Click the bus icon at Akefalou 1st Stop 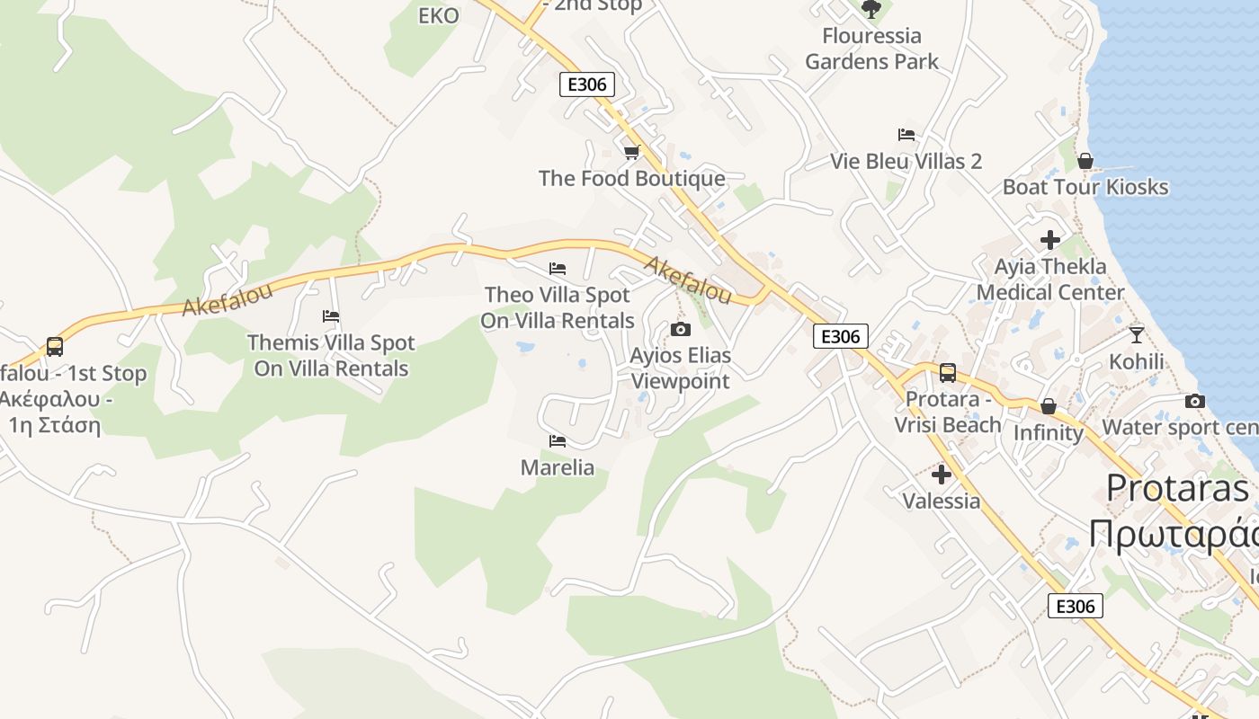click(x=55, y=347)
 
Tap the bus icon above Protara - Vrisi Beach click(x=947, y=373)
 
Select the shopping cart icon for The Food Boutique click(x=631, y=152)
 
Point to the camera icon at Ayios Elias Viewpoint click(x=681, y=329)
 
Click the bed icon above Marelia click(x=558, y=441)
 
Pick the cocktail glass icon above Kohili click(x=1136, y=335)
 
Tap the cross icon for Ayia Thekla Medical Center click(x=1049, y=240)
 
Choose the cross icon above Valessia click(x=942, y=474)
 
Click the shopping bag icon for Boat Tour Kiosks click(x=1085, y=161)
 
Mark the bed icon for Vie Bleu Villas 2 click(x=906, y=135)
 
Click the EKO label click(x=439, y=15)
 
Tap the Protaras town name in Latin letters click(x=1177, y=488)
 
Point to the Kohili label click(x=1136, y=361)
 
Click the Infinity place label click(x=1048, y=432)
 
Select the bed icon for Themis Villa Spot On click(x=331, y=316)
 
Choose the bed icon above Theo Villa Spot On click(x=558, y=269)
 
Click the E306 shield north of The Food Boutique click(x=587, y=84)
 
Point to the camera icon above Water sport click(x=1195, y=401)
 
